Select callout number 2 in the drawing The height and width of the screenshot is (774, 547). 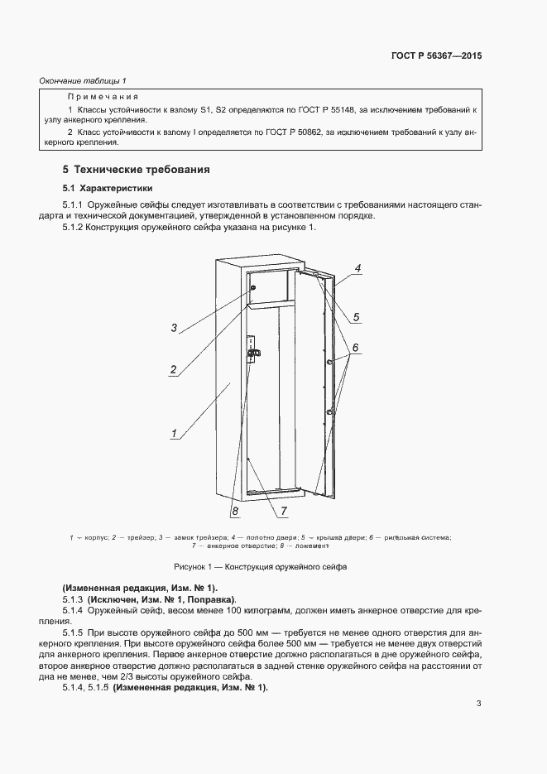tap(173, 369)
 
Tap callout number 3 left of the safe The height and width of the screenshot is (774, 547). tap(174, 328)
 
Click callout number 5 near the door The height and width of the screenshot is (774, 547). tap(355, 316)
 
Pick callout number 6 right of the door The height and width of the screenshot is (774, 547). tap(354, 349)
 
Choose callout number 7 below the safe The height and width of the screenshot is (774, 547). tap(283, 511)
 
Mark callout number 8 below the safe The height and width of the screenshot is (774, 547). tap(223, 512)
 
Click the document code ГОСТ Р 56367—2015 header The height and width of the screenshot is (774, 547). tap(436, 56)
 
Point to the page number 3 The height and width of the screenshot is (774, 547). tap(478, 704)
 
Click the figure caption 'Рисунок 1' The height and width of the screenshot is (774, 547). tap(260, 567)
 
